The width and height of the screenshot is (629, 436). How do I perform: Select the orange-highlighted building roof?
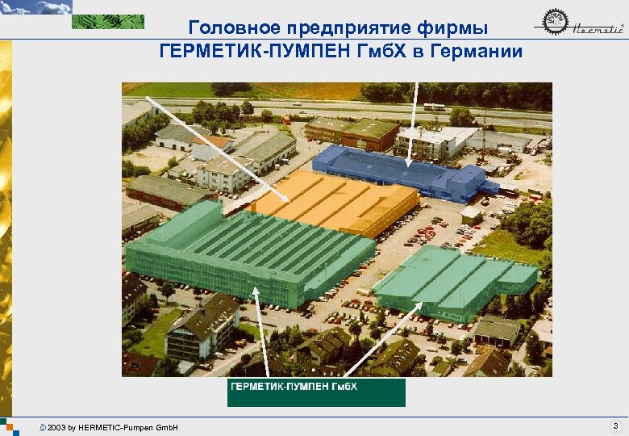pyautogui.click(x=339, y=200)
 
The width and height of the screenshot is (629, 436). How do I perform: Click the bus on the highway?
pyautogui.click(x=435, y=107)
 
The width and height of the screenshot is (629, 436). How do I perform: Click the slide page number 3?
pyautogui.click(x=614, y=425)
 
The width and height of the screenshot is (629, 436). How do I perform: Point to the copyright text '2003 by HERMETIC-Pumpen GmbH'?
pyautogui.click(x=112, y=426)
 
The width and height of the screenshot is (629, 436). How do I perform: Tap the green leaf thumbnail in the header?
pyautogui.click(x=108, y=22)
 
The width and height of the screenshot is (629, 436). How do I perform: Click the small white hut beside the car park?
pyautogui.click(x=471, y=216)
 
